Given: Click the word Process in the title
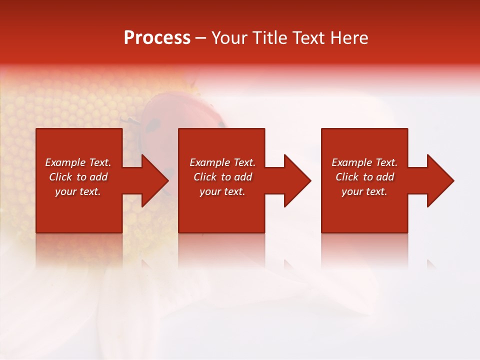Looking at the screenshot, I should pyautogui.click(x=157, y=38).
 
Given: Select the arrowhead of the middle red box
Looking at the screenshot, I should pyautogui.click(x=296, y=180).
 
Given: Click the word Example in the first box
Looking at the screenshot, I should pyautogui.click(x=65, y=162).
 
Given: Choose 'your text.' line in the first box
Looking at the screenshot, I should pyautogui.click(x=78, y=191).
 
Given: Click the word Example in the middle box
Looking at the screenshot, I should pyautogui.click(x=209, y=162).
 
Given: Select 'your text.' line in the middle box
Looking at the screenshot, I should pyautogui.click(x=222, y=191).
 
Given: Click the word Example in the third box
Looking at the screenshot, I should pyautogui.click(x=351, y=162).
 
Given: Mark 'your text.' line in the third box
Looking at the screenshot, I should pyautogui.click(x=364, y=191).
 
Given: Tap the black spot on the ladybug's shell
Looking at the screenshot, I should pyautogui.click(x=152, y=125).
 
